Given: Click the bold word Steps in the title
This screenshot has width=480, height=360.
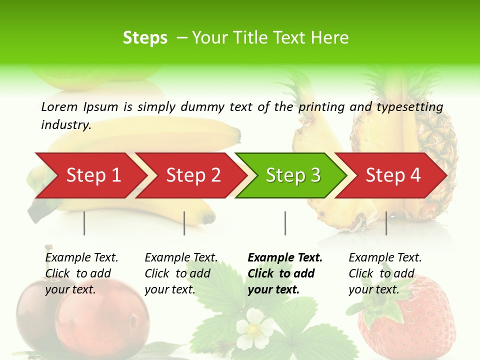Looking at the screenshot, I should [145, 38].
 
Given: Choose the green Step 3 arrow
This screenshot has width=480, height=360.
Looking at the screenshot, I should [293, 175].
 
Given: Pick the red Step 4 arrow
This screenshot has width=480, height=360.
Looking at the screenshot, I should [393, 175].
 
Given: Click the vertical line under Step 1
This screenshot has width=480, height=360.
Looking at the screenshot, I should [84, 223].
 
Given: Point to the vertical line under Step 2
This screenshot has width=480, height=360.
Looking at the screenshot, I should [184, 223].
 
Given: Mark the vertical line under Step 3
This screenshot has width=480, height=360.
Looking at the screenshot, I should [285, 223].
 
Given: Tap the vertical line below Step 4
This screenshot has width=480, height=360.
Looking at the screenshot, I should [386, 223].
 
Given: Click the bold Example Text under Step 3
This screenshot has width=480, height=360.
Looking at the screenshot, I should [285, 257].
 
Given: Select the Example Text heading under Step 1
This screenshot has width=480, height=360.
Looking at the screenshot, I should [81, 257].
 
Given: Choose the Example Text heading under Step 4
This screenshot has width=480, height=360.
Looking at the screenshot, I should [385, 257].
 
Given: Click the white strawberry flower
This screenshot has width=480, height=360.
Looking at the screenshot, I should [254, 327].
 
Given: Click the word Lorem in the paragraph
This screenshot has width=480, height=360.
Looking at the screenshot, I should [59, 106].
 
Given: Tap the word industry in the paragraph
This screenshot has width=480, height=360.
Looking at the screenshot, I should [65, 124].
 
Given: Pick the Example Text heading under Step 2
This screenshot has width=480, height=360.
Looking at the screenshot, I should [181, 257].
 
